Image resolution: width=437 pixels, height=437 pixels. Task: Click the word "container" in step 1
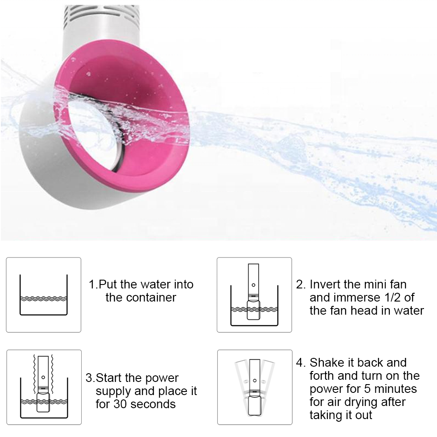click(151, 298)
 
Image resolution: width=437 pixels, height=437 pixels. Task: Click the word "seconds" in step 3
click(153, 404)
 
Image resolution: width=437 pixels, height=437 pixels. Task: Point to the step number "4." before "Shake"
click(301, 363)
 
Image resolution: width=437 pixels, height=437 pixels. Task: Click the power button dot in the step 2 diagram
click(253, 285)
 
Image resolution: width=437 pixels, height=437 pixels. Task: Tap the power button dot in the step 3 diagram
click(43, 378)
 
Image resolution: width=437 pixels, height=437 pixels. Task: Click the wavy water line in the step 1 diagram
click(43, 298)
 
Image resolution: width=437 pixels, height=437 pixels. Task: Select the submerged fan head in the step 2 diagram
click(253, 310)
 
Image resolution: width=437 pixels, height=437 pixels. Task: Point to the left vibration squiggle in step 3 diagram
click(35, 374)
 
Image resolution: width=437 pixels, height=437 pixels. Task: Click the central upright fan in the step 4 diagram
click(254, 387)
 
